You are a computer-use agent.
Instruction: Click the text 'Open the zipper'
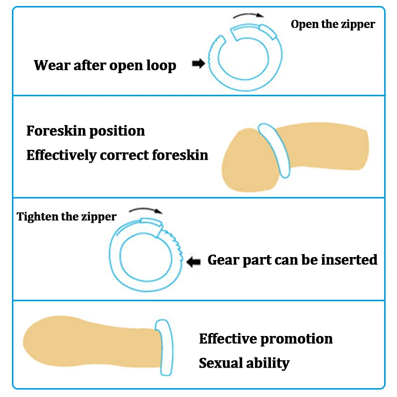pyautogui.click(x=332, y=24)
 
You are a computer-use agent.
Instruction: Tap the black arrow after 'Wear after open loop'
pyautogui.click(x=198, y=64)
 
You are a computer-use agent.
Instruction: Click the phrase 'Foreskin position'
pyautogui.click(x=85, y=131)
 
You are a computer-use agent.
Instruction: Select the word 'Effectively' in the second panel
pyautogui.click(x=61, y=155)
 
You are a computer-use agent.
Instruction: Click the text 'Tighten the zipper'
pyautogui.click(x=66, y=216)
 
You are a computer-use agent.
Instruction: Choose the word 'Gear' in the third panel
pyautogui.click(x=224, y=260)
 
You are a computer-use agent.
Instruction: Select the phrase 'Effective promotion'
pyautogui.click(x=265, y=339)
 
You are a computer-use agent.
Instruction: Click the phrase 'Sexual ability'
pyautogui.click(x=244, y=363)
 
